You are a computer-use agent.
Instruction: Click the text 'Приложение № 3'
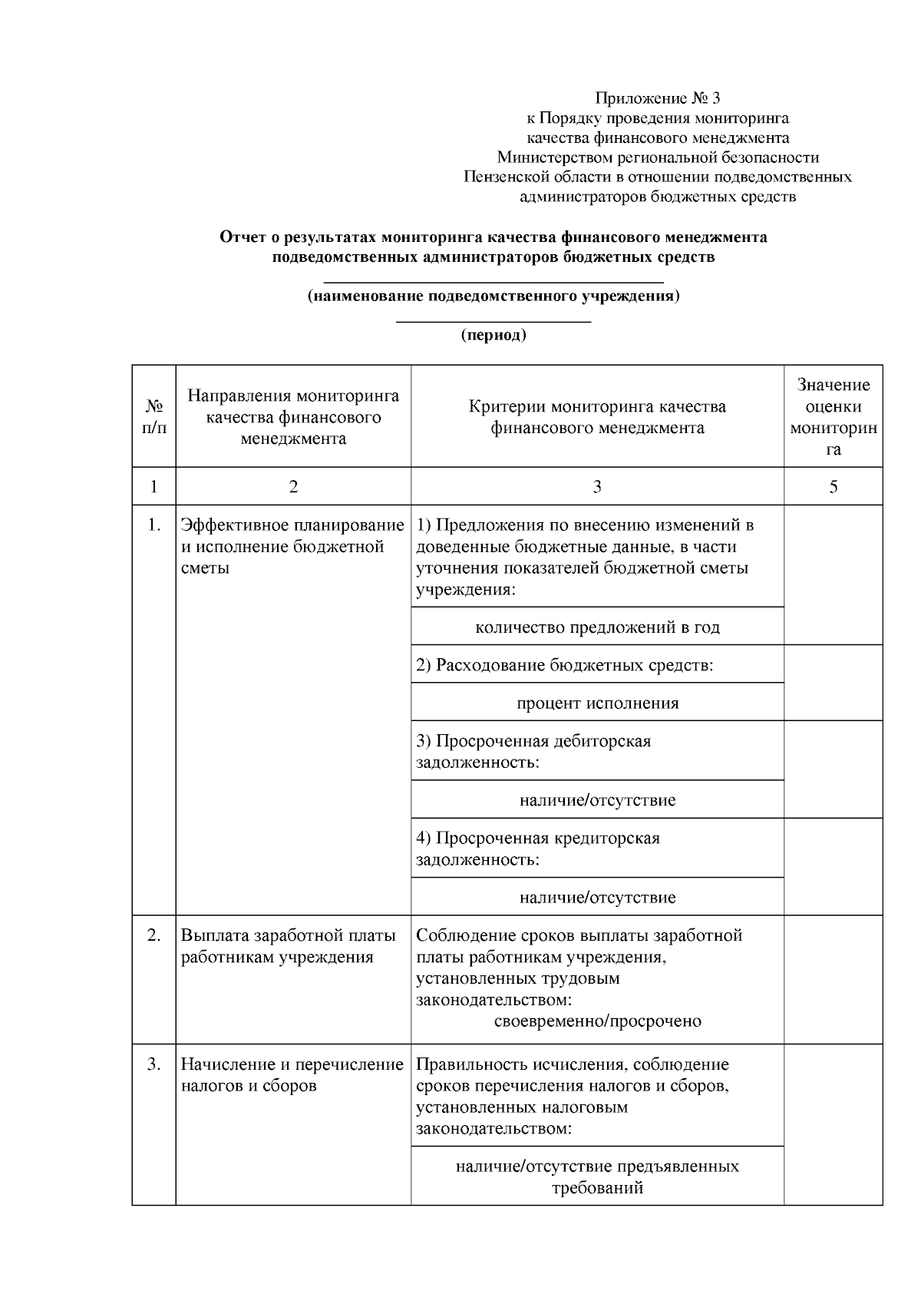tap(658, 98)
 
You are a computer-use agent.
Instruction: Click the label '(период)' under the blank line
tap(494, 335)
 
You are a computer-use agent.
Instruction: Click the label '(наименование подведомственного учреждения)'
tap(494, 296)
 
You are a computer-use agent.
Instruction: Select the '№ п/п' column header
tap(153, 416)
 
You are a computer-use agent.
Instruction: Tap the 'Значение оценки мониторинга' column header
tap(833, 416)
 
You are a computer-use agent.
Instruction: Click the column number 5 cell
tap(833, 486)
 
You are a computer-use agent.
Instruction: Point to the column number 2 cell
tap(292, 486)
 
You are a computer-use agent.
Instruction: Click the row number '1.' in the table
tap(154, 525)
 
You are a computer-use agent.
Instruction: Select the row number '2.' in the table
tap(154, 935)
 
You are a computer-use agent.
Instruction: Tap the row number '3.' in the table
tap(154, 1064)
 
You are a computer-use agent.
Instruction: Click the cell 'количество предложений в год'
tap(597, 627)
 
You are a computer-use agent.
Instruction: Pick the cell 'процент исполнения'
tap(597, 703)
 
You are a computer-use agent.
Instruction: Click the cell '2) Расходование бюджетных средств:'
tap(565, 665)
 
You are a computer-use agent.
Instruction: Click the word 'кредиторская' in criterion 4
tap(606, 838)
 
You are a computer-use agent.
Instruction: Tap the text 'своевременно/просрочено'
tap(597, 1021)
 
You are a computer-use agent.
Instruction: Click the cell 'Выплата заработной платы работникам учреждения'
tap(289, 946)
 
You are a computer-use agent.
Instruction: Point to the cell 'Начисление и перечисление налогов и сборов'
tap(292, 1075)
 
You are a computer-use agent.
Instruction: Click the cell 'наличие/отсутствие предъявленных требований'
tap(597, 1177)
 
